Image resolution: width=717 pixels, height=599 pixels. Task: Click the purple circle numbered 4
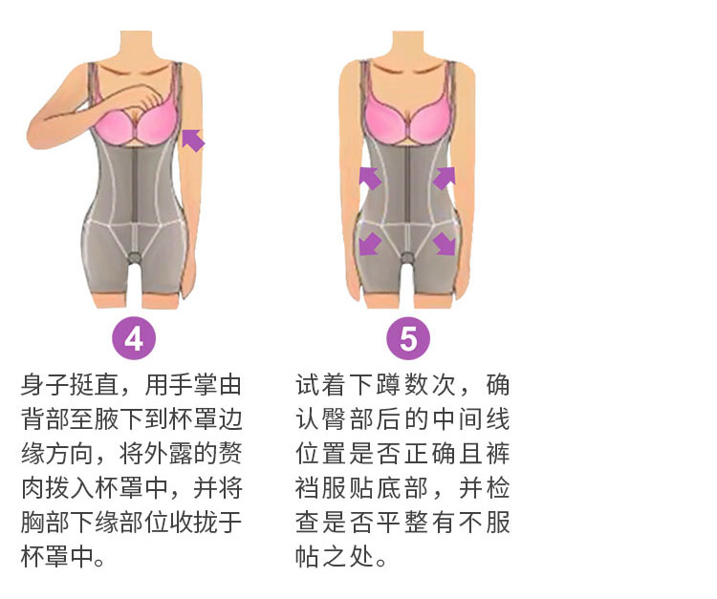click(x=134, y=338)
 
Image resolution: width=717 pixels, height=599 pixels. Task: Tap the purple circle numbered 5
click(x=408, y=338)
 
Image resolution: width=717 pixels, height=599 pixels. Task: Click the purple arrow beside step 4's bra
click(x=193, y=139)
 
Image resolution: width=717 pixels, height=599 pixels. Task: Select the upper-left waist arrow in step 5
click(x=370, y=179)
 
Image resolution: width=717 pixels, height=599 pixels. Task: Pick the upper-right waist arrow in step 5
click(x=444, y=179)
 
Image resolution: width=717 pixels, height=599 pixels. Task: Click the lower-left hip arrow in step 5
click(x=370, y=244)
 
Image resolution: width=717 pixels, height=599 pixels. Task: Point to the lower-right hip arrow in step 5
click(x=444, y=244)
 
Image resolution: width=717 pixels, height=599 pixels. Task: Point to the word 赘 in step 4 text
click(x=230, y=454)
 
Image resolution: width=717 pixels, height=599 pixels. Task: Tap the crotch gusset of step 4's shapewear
click(x=135, y=257)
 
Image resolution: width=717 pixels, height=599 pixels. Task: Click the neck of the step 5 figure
click(x=408, y=46)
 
